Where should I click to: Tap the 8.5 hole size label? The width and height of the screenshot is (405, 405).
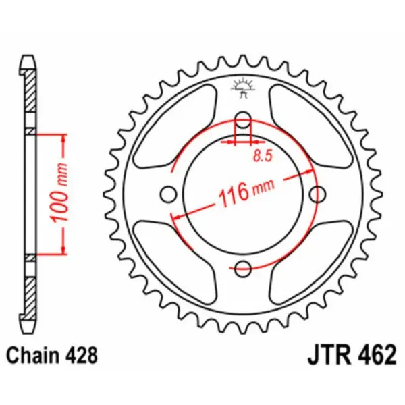[x=263, y=157]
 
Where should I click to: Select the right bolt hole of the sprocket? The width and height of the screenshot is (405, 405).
[x=315, y=194]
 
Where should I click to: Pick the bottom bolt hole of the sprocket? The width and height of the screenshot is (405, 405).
[x=243, y=265]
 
